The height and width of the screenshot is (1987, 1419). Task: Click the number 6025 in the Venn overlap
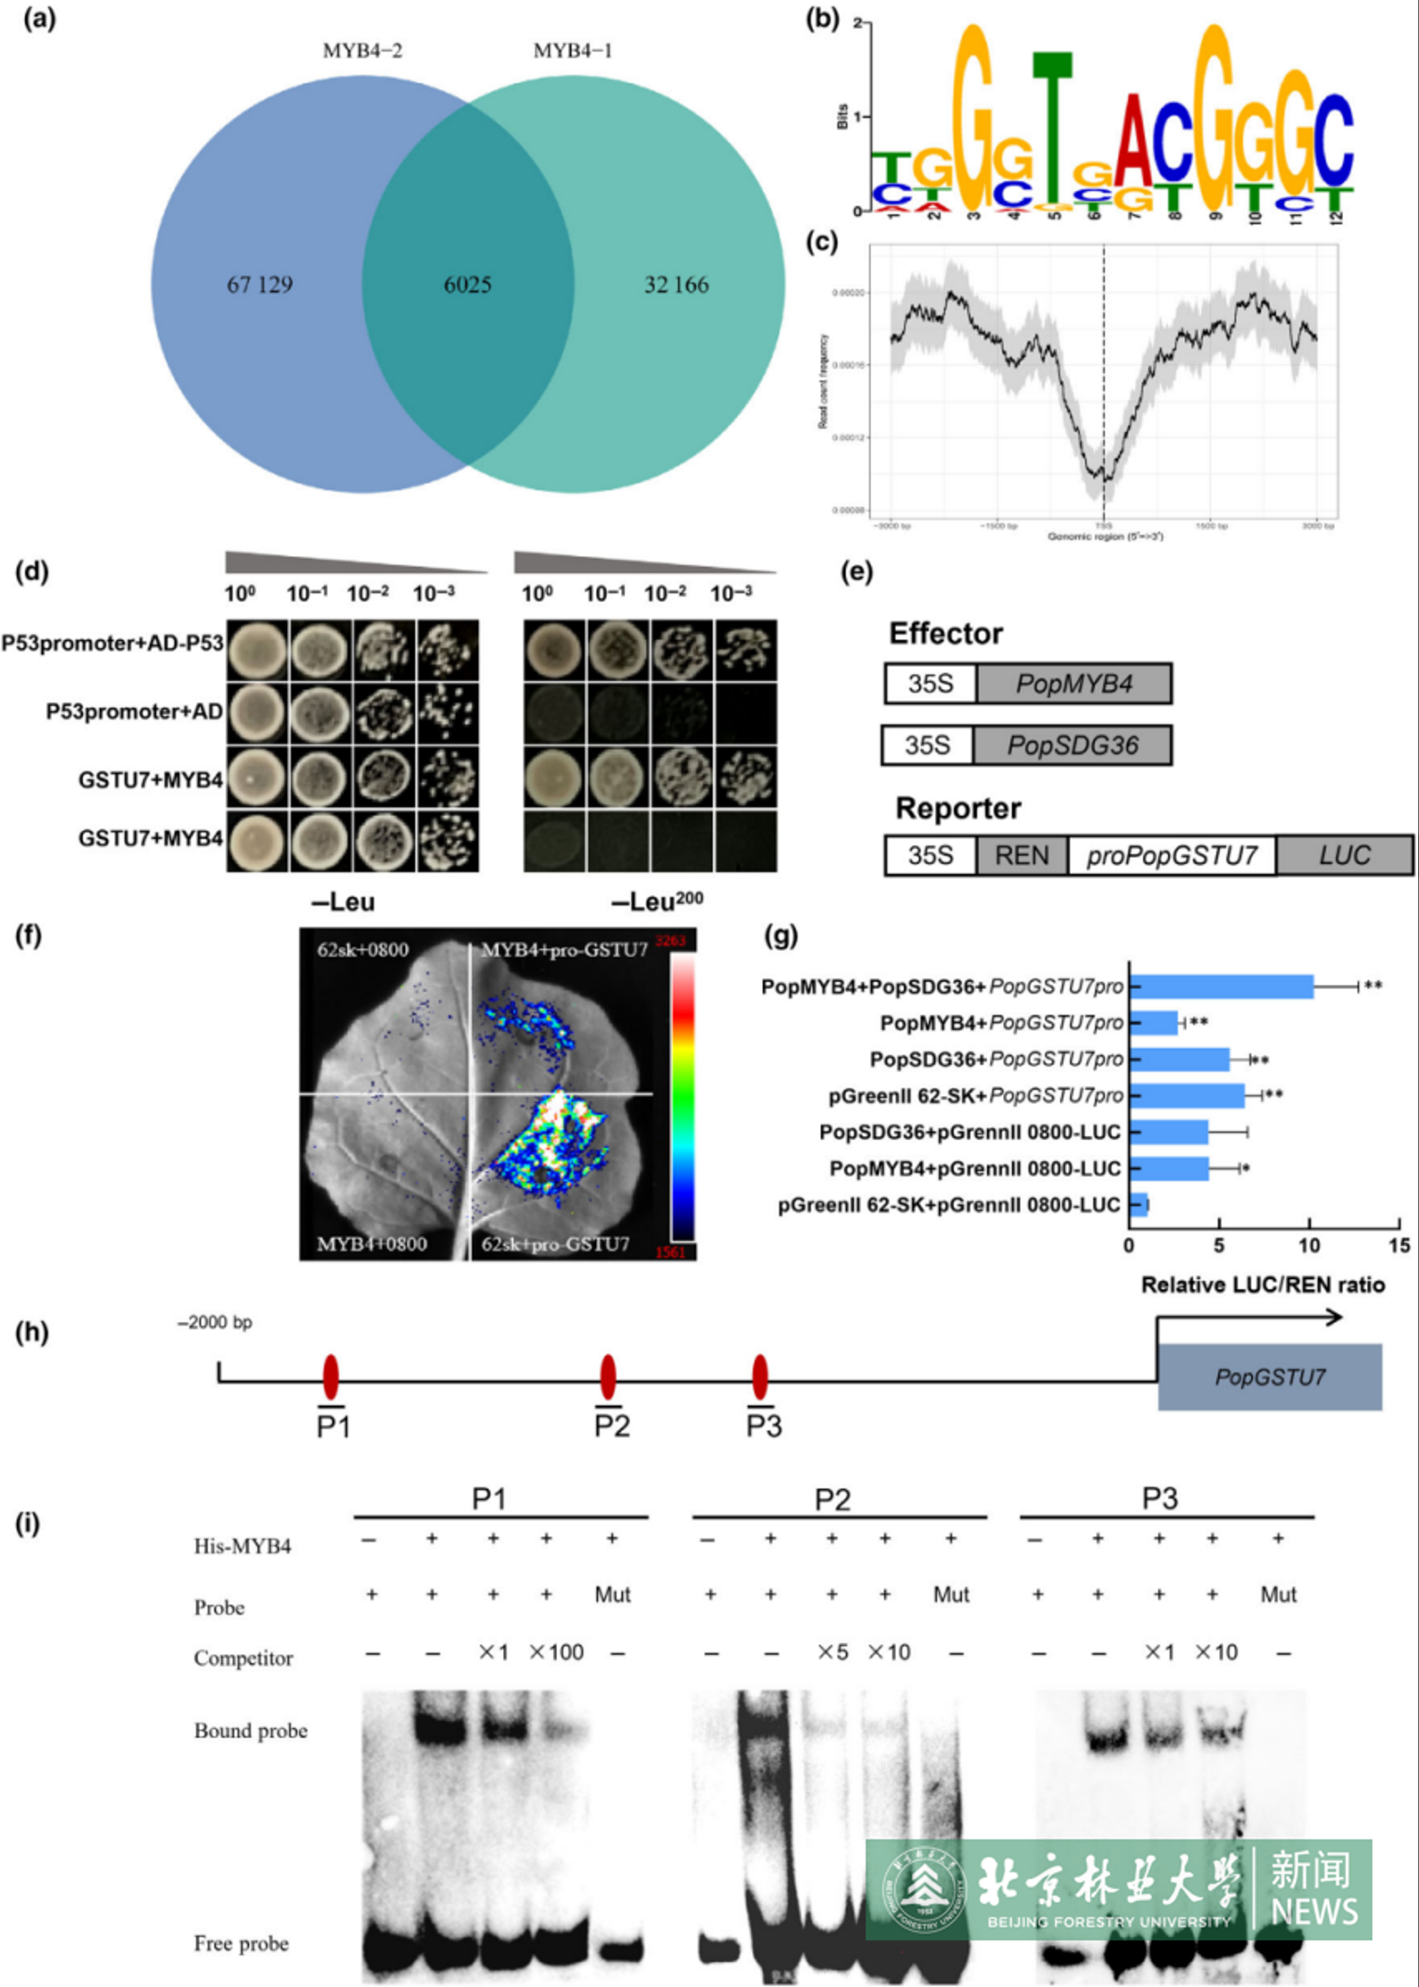(468, 285)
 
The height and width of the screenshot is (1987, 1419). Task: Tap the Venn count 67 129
(260, 285)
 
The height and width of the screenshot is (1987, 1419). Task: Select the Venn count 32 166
(676, 285)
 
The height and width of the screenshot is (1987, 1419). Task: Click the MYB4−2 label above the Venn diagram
(362, 51)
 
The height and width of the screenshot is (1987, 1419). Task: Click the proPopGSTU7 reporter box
(1171, 855)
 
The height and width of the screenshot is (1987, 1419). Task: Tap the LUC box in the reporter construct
(1344, 855)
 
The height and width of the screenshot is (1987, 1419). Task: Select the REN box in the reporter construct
(1022, 855)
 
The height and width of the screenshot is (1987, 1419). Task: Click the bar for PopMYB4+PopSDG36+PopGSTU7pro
(1221, 987)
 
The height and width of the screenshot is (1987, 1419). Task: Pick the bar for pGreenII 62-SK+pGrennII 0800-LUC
(1138, 1205)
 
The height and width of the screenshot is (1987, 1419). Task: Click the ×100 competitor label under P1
(556, 1652)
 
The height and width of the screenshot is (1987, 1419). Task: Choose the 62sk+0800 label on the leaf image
(362, 949)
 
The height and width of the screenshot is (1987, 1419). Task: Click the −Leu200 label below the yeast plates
(657, 902)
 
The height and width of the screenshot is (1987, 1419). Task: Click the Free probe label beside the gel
(241, 1943)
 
